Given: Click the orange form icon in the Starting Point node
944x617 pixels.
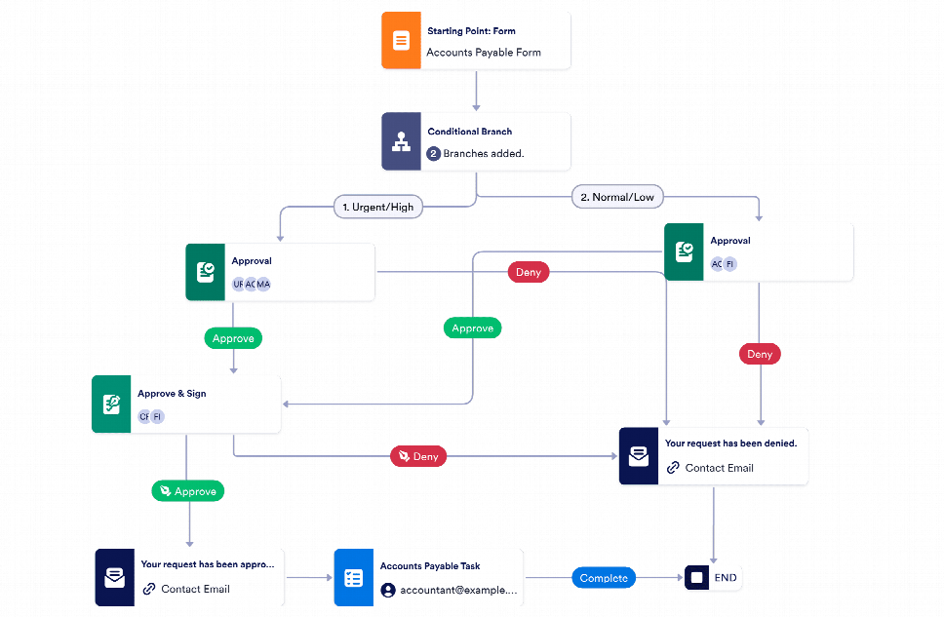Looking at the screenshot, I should (x=401, y=41).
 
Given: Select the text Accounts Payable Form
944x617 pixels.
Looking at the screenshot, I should (x=483, y=53).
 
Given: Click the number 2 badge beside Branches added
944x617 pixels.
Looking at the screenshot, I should (x=434, y=153).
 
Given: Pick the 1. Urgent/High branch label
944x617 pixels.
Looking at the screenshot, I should (x=374, y=207).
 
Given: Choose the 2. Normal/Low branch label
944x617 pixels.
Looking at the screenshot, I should (x=616, y=197).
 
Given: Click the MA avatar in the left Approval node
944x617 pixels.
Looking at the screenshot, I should (x=263, y=284).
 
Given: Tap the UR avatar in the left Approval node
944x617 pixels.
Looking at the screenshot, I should (x=238, y=284).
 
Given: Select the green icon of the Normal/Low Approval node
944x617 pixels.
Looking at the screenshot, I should (x=685, y=252).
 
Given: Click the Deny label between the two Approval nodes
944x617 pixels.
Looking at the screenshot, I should (x=528, y=272).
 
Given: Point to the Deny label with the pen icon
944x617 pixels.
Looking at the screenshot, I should (x=417, y=455).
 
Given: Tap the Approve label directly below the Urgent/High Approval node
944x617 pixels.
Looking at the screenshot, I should (x=233, y=338).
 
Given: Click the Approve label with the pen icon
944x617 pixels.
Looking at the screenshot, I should (x=187, y=491).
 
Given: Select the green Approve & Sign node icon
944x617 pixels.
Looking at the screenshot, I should (x=111, y=405).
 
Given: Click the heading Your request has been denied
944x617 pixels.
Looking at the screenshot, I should (x=730, y=443).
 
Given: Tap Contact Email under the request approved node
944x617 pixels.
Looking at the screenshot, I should (x=195, y=589).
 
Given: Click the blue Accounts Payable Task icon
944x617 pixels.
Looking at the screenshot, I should (x=353, y=578).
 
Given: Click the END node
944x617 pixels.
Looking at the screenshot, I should (x=714, y=578).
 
